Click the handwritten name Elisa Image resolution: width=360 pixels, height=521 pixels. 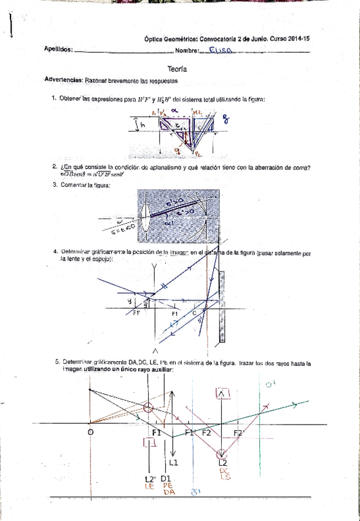click(x=219, y=52)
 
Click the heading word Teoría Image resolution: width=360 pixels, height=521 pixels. click(x=178, y=70)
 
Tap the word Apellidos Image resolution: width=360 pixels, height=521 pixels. click(x=58, y=50)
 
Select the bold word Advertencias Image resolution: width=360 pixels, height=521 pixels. click(x=65, y=80)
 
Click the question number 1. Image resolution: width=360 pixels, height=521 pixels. click(x=54, y=98)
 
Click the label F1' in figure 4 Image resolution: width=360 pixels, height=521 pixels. click(x=137, y=313)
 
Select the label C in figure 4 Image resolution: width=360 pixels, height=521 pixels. click(x=195, y=313)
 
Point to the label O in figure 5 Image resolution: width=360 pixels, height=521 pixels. click(x=90, y=433)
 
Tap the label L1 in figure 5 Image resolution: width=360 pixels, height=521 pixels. click(x=173, y=462)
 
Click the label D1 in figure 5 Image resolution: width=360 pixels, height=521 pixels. click(x=167, y=478)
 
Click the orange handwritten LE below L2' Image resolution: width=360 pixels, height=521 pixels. click(x=148, y=486)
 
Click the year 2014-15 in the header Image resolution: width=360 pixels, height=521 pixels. click(x=297, y=37)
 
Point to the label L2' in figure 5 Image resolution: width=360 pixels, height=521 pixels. click(x=150, y=478)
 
